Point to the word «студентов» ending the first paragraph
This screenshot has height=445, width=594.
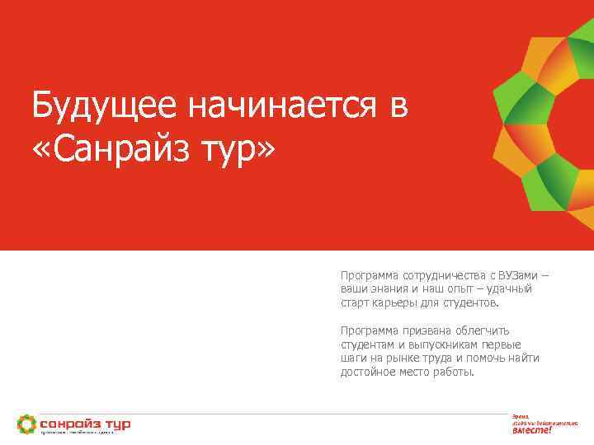(x=469, y=302)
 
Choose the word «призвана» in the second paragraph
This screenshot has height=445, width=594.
(x=417, y=330)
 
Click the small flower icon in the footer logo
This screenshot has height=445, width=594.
(x=26, y=424)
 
